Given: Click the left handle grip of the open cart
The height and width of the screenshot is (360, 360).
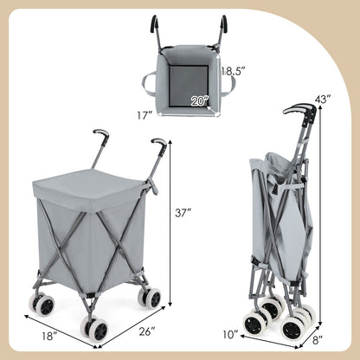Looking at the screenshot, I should (100, 136).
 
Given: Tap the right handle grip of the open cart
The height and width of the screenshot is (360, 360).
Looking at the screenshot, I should (158, 143).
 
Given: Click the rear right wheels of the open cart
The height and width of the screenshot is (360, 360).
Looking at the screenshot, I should (151, 298).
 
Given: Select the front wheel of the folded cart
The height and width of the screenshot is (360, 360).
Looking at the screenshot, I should (254, 323).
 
